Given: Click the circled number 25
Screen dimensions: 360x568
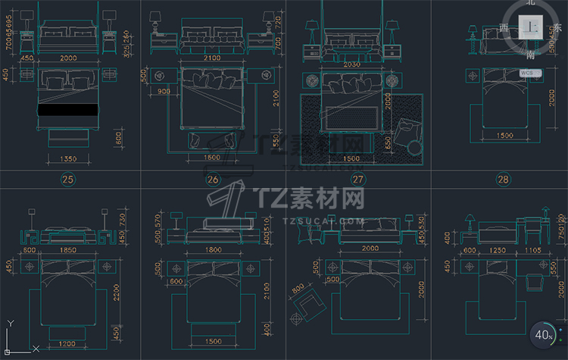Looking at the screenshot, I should tap(68, 180).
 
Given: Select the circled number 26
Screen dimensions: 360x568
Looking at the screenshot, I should tap(212, 180).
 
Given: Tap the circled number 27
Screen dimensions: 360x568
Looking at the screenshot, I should tap(358, 180).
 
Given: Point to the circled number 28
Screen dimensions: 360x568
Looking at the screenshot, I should tap(502, 180).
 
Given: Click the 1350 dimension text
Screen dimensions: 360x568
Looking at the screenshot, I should tap(67, 159).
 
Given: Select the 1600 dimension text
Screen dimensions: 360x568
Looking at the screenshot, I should tap(212, 158).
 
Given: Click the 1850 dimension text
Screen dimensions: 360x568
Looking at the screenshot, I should tap(68, 250).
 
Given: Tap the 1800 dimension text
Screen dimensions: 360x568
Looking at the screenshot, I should tap(212, 250).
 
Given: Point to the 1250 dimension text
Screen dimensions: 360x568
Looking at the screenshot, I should tap(496, 250).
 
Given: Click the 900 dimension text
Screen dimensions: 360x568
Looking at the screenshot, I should tap(165, 92).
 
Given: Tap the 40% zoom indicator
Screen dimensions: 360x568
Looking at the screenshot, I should tap(544, 334).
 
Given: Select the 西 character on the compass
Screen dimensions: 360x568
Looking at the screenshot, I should tap(504, 27).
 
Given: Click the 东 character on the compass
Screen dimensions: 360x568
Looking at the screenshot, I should tap(559, 27).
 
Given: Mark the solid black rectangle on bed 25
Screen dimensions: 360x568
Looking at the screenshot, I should tap(67, 110).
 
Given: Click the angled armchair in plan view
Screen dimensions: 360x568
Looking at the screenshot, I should tap(310, 307).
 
